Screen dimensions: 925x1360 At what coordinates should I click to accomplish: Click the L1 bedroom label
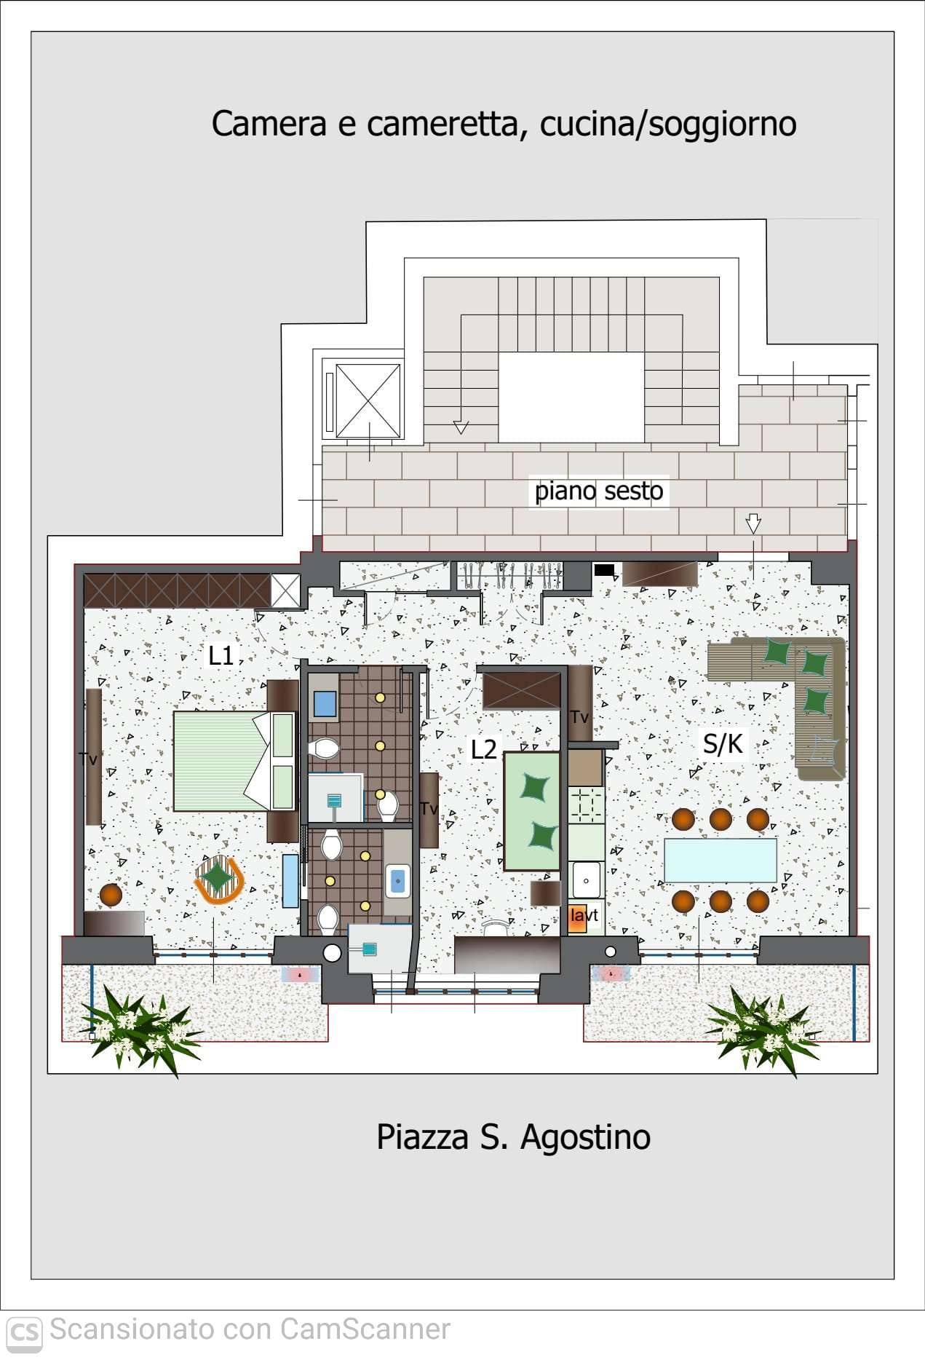coord(221,656)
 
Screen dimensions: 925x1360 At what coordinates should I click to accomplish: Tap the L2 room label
coord(484,749)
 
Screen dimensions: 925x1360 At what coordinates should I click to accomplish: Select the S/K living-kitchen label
coord(723,743)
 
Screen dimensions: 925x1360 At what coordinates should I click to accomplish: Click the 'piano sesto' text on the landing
coord(599,491)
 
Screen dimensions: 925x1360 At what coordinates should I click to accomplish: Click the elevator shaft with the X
coord(369,401)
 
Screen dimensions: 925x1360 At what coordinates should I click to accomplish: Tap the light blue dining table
coord(720,861)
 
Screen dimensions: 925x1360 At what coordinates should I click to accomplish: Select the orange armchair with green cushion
coord(219,879)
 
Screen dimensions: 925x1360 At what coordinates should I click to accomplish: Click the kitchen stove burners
coord(585,804)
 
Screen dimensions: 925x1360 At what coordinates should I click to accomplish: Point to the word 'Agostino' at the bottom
coord(584,1137)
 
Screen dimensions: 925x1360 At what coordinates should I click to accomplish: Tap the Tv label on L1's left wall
coord(88,759)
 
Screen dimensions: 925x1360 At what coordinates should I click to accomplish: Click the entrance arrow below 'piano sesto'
coord(753,523)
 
